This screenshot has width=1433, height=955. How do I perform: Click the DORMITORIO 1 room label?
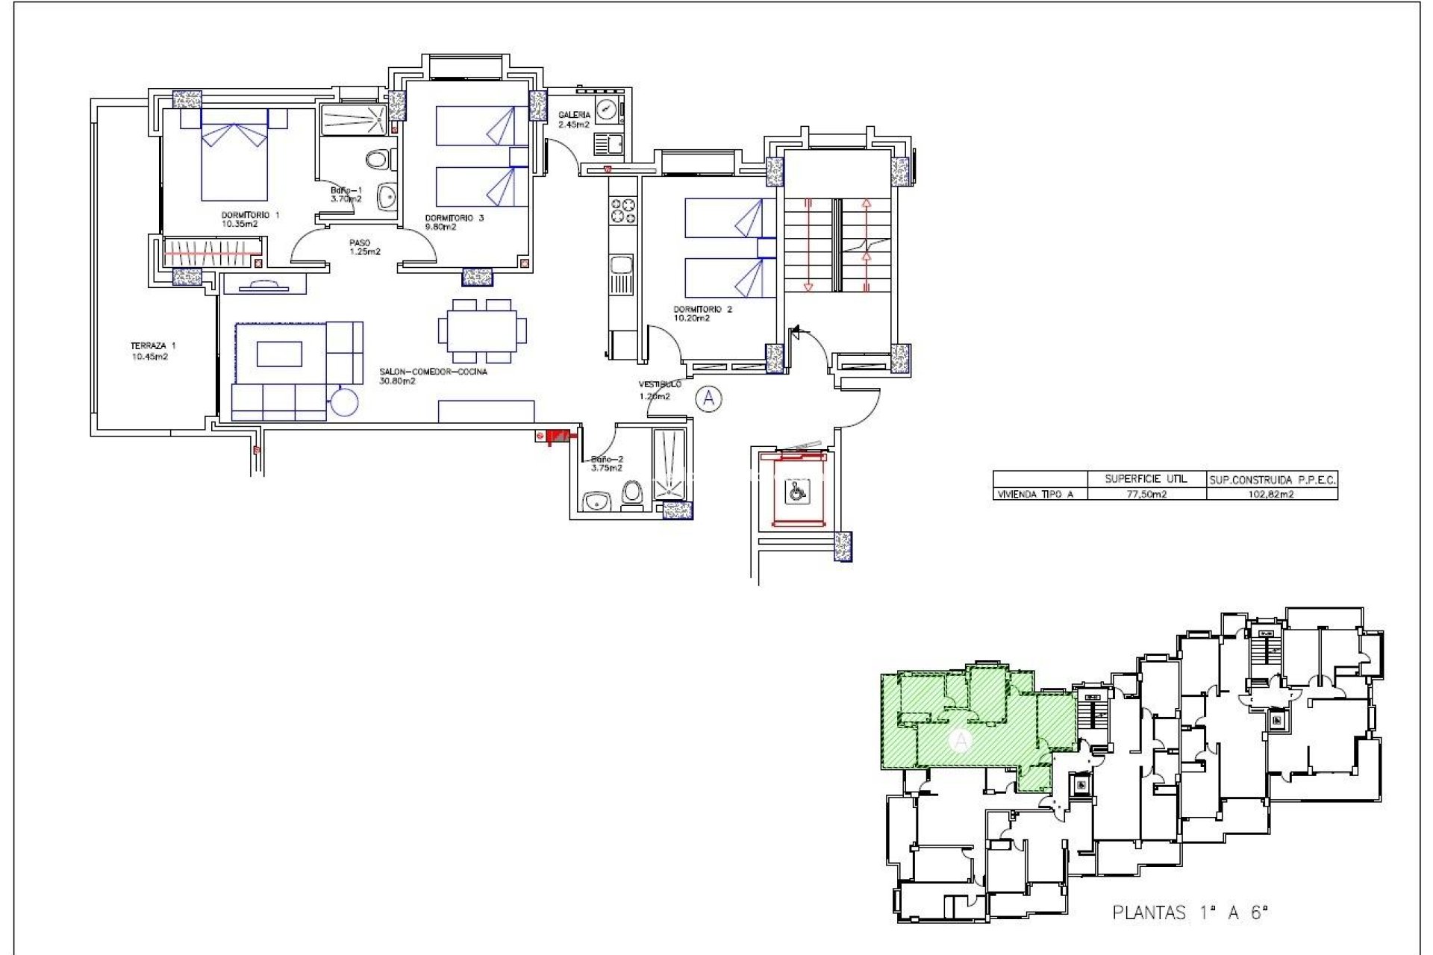pos(250,216)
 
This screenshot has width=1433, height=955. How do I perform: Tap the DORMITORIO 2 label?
pos(702,309)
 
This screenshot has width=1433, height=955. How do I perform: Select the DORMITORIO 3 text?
pos(455,218)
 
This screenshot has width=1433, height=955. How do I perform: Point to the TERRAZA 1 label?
pos(153,346)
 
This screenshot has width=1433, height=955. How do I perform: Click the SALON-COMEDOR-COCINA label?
pos(433,372)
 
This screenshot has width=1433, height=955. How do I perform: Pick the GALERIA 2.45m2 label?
pos(574,119)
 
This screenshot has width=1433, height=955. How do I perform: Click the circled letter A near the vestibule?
pos(708,399)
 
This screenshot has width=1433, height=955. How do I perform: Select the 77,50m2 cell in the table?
pos(1146,494)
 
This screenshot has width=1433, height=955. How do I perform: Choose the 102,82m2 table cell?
pos(1272,494)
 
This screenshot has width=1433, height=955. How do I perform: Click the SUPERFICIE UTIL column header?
pos(1146,479)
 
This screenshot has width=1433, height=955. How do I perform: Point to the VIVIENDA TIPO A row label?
pos(1035,494)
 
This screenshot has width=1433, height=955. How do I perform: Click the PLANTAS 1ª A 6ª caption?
pos(1190,912)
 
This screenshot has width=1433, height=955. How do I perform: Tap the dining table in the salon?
pos(481,331)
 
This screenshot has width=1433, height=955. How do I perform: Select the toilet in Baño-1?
pos(379,159)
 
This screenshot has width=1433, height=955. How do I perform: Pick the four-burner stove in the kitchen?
pos(623,210)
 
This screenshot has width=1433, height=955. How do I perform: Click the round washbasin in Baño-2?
pos(597,501)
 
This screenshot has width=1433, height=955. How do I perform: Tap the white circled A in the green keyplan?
pos(961,741)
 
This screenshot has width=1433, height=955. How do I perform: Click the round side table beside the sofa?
pos(345,403)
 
